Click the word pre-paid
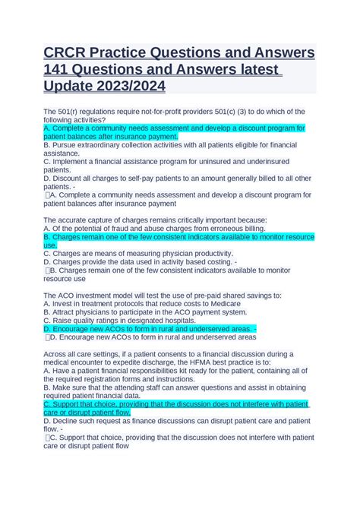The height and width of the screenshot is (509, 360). pyautogui.click(x=192, y=295)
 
